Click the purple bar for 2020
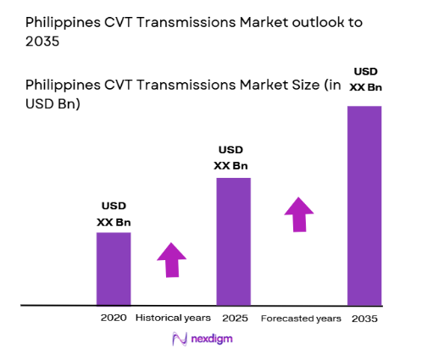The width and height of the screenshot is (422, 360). [113, 268]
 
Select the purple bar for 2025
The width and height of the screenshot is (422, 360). [234, 241]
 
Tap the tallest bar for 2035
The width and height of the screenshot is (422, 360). [364, 205]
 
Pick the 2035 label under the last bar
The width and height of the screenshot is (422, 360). [364, 318]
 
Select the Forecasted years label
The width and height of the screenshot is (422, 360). [301, 318]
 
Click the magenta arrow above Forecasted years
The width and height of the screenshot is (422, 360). [297, 214]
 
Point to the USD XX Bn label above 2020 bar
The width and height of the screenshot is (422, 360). [114, 213]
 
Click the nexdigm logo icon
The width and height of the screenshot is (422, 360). [180, 339]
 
